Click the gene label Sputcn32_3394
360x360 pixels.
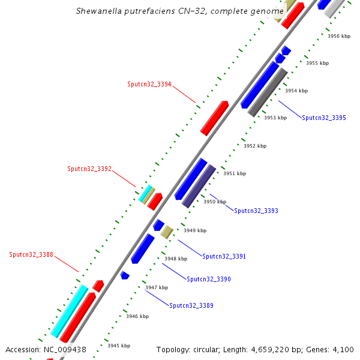pyautogui.click(x=149, y=84)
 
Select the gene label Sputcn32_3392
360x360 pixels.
pyautogui.click(x=89, y=169)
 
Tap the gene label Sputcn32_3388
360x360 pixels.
pyautogui.click(x=31, y=255)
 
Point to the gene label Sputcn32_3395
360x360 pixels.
pyautogui.click(x=324, y=118)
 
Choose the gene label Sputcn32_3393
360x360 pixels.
pyautogui.click(x=256, y=211)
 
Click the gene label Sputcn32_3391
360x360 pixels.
pyautogui.click(x=224, y=257)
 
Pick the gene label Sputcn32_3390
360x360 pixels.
pyautogui.click(x=209, y=280)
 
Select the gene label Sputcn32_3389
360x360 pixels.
pyautogui.click(x=191, y=306)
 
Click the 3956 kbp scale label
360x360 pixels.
pyautogui.click(x=339, y=36)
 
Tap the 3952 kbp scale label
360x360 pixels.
pyautogui.click(x=255, y=146)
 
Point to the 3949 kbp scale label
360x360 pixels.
pyautogui.click(x=195, y=230)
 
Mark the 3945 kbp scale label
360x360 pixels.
pyautogui.click(x=119, y=346)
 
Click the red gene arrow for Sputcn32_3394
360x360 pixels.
pyautogui.click(x=214, y=118)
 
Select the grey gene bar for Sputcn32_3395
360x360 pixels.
pyautogui.click(x=268, y=92)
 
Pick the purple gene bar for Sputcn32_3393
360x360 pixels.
pyautogui.click(x=199, y=186)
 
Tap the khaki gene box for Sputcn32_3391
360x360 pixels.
pyautogui.click(x=166, y=232)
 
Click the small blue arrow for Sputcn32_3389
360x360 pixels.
pyautogui.click(x=125, y=275)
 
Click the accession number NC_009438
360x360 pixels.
pyautogui.click(x=65, y=349)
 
